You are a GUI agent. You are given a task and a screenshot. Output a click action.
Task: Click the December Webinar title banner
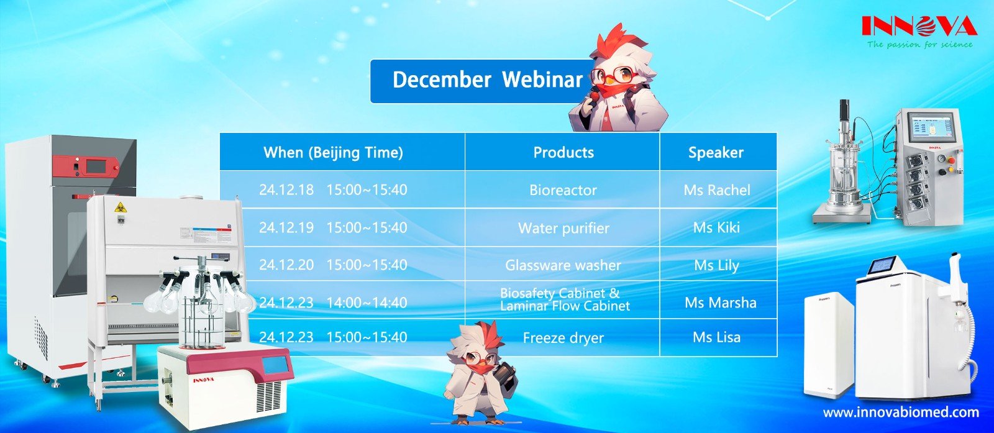pyautogui.click(x=478, y=81)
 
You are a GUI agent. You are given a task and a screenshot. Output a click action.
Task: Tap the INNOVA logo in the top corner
pyautogui.click(x=919, y=27)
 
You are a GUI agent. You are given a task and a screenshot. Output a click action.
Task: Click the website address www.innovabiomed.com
pyautogui.click(x=901, y=412)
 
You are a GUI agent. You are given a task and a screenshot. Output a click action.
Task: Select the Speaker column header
pyautogui.click(x=716, y=153)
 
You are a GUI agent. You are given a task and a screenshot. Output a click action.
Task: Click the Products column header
pyautogui.click(x=563, y=153)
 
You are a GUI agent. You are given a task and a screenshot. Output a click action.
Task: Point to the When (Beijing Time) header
pyautogui.click(x=333, y=153)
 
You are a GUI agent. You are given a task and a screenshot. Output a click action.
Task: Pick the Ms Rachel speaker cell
pyautogui.click(x=717, y=190)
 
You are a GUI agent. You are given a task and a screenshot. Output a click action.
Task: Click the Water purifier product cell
pyautogui.click(x=563, y=228)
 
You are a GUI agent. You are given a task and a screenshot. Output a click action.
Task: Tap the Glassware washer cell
pyautogui.click(x=563, y=265)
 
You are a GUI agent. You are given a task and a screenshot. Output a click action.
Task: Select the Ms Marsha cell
pyautogui.click(x=720, y=303)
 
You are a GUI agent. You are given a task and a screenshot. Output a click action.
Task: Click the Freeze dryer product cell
pyautogui.click(x=563, y=338)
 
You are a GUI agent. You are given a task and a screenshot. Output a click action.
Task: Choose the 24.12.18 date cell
pyautogui.click(x=286, y=190)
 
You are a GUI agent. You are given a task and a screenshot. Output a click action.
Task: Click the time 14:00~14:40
pyautogui.click(x=367, y=303)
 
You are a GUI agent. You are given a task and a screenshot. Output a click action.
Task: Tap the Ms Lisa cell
pyautogui.click(x=716, y=337)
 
